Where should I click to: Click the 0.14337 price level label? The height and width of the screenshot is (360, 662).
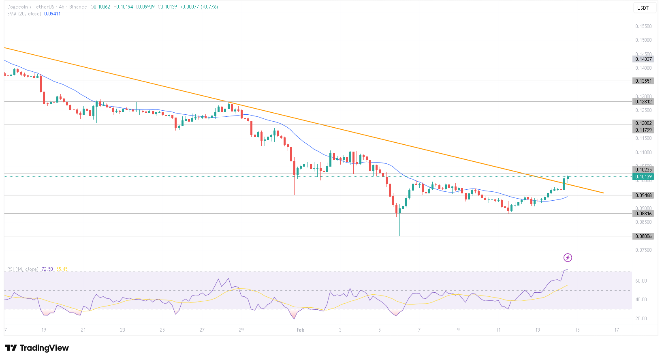click(643, 59)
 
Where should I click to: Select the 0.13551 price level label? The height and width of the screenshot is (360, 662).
click(643, 81)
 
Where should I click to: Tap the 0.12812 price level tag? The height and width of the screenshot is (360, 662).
click(643, 102)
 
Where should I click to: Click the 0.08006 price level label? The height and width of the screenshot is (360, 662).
click(643, 236)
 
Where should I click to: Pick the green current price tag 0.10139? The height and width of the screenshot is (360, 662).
click(643, 177)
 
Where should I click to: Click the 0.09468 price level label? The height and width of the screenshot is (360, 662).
click(643, 195)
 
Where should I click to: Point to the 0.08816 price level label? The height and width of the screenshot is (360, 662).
click(643, 214)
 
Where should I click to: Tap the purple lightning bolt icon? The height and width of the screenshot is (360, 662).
click(568, 257)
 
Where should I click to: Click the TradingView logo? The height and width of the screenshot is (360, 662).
click(37, 348)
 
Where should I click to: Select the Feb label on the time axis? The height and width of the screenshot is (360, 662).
click(300, 330)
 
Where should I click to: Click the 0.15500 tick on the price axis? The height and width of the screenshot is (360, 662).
click(643, 26)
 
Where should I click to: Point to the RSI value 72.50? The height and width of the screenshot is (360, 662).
click(47, 269)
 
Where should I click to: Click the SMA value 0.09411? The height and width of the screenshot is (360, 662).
click(52, 14)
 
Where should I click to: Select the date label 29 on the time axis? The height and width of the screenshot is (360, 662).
click(241, 330)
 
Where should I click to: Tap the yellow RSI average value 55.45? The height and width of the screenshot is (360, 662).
click(62, 269)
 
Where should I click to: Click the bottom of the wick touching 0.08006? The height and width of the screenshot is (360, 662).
click(399, 236)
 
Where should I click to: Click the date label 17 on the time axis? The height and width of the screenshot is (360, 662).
click(617, 330)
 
